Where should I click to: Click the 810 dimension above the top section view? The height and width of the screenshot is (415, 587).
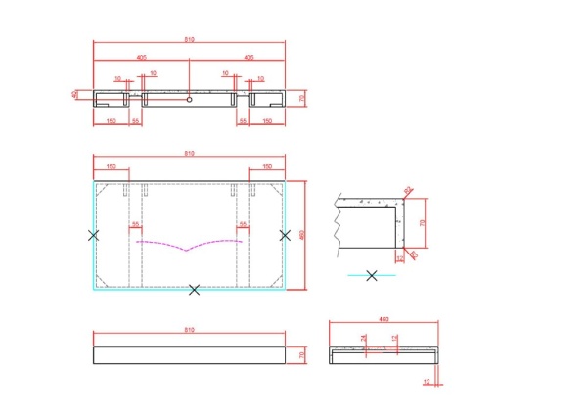189,39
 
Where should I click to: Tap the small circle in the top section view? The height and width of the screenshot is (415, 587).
189,98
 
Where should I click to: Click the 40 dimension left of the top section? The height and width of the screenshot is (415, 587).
74,95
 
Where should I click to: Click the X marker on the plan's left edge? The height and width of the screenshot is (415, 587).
93,235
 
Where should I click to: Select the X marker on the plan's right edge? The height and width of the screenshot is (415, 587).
286,235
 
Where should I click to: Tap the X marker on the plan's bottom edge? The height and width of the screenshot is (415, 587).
194,289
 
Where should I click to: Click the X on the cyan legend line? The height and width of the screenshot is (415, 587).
372,275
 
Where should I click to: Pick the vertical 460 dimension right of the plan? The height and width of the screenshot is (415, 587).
303,235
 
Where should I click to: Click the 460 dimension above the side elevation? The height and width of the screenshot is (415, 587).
384,320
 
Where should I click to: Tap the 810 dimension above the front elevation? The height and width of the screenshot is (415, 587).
189,331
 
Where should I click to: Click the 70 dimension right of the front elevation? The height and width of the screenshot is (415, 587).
302,354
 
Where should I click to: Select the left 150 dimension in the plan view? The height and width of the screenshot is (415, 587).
111,167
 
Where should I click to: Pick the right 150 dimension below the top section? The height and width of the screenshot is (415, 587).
267,120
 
